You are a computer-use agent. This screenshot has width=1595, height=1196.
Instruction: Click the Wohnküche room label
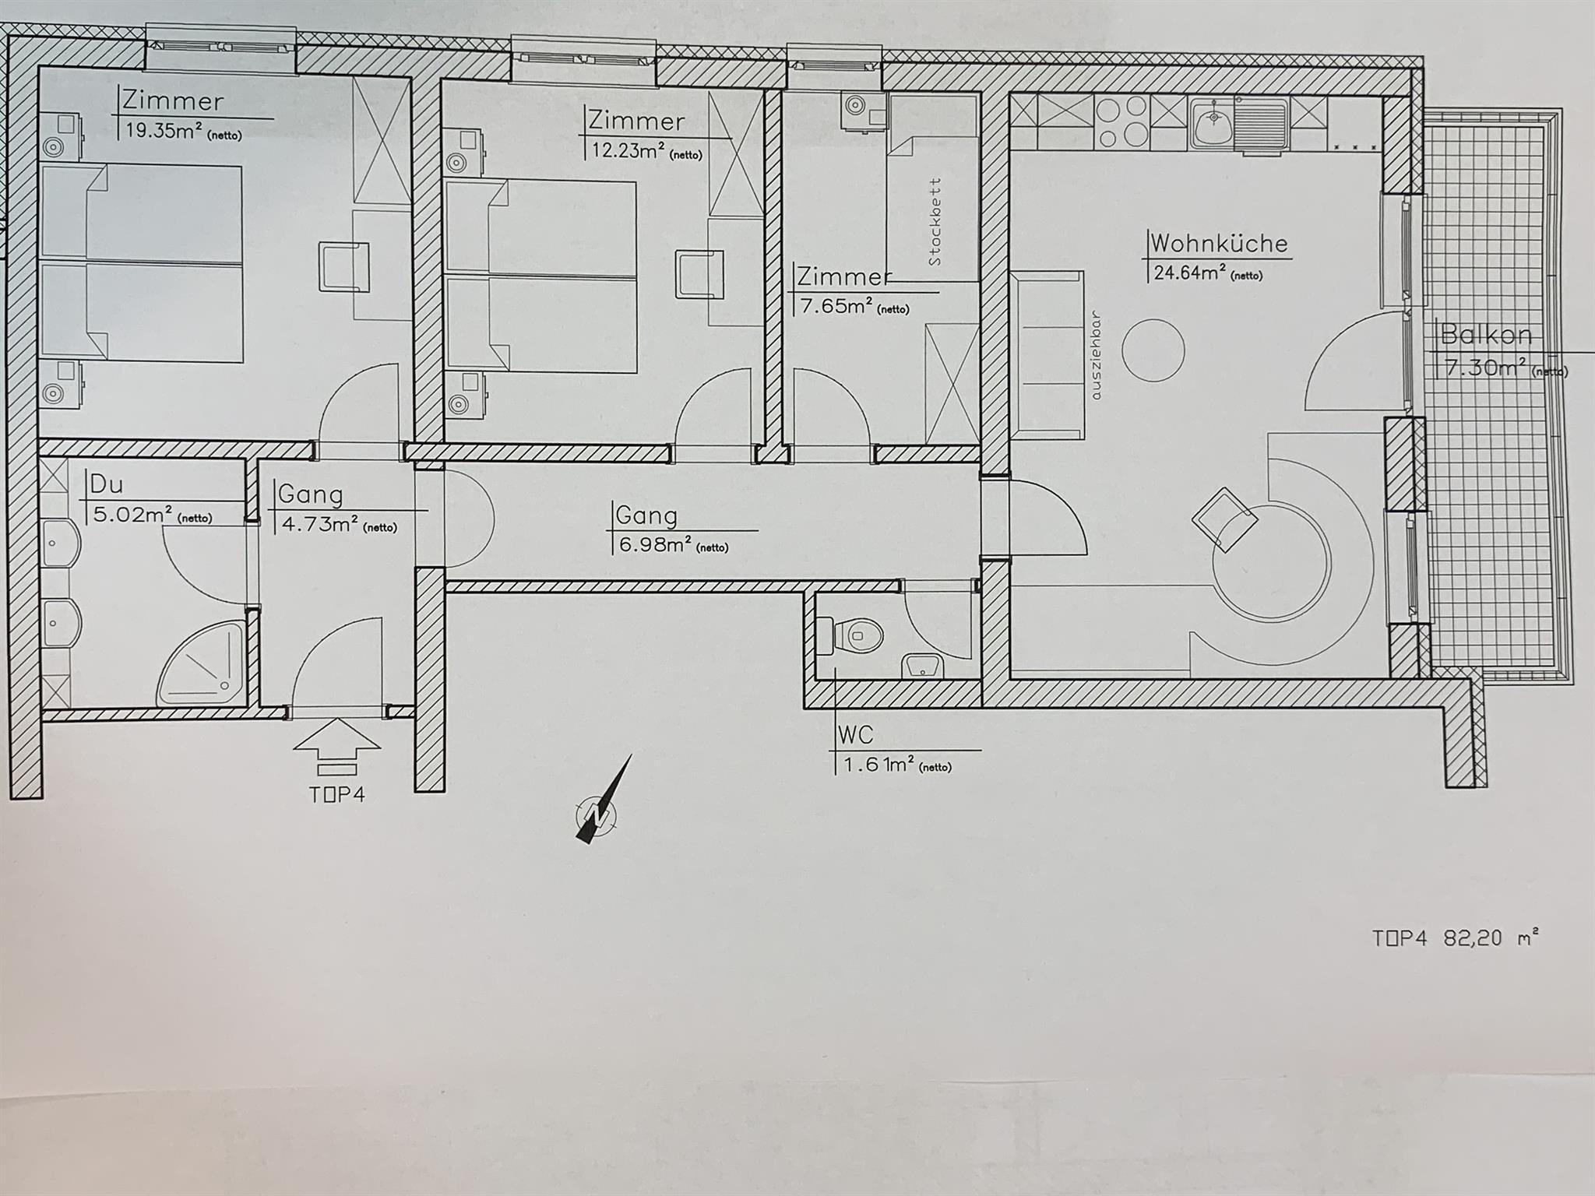[1219, 243]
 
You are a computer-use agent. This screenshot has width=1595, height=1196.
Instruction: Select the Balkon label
[1486, 335]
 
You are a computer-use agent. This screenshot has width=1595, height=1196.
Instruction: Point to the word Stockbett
[935, 222]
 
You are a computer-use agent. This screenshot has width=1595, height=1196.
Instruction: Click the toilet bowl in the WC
[858, 635]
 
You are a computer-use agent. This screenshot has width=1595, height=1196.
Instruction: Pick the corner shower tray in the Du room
[202, 664]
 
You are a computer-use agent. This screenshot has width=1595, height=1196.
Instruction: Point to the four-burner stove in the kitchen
[1121, 122]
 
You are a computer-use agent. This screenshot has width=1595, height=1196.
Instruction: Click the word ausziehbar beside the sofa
[1097, 356]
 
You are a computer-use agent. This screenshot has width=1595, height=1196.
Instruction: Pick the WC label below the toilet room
[854, 734]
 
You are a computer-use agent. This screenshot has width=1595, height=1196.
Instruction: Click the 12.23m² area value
[623, 149]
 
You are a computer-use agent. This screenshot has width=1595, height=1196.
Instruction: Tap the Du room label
[107, 484]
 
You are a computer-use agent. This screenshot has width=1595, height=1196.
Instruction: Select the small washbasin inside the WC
[922, 666]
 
